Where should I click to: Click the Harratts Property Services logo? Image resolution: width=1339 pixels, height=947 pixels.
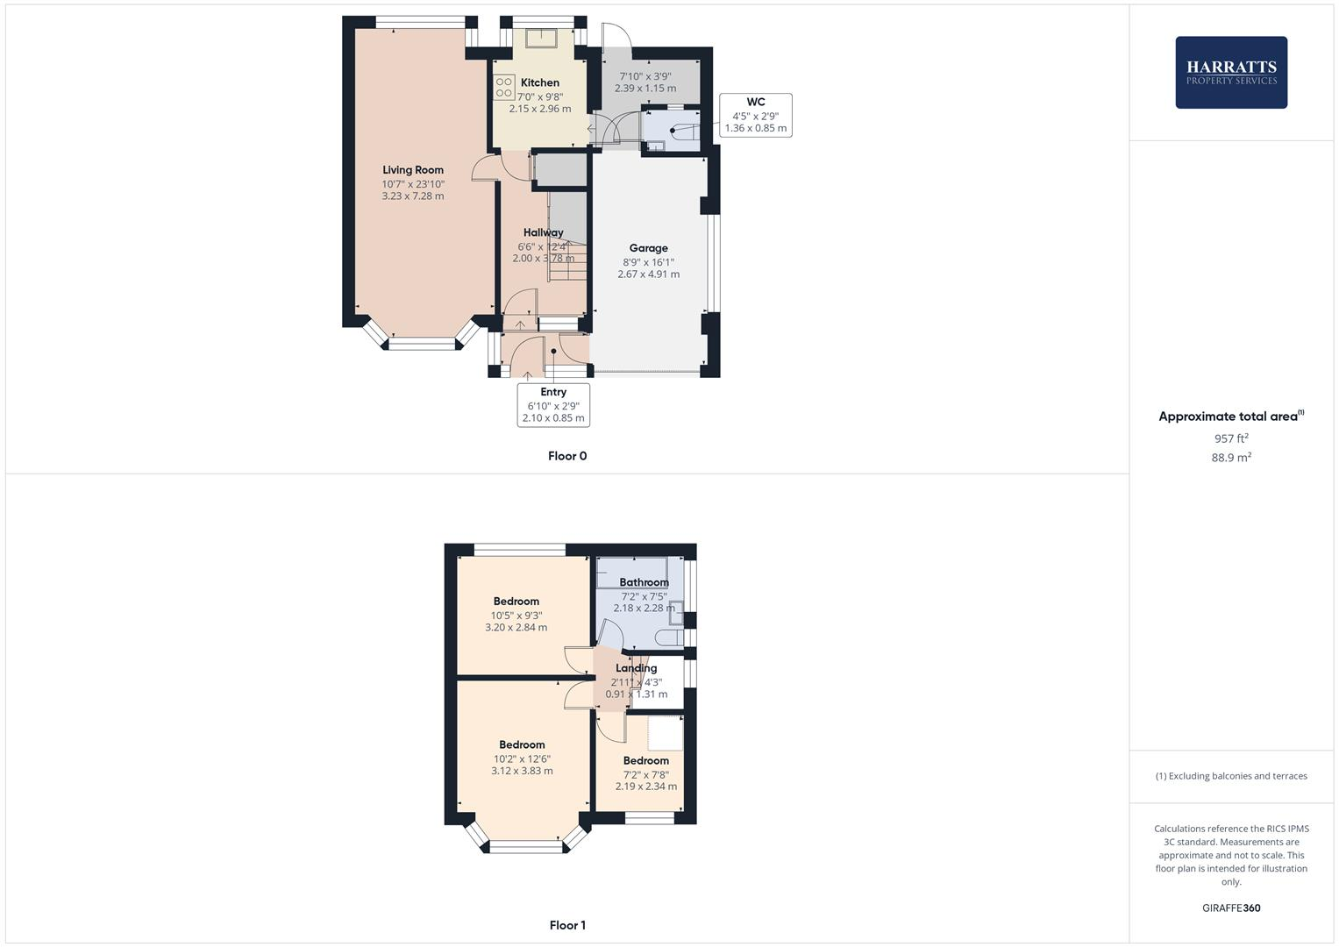coord(1230,72)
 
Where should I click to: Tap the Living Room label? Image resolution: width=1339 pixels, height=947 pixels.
coord(413,170)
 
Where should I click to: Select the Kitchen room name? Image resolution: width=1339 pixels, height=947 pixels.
coord(539,82)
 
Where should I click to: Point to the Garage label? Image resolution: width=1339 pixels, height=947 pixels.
coord(648,248)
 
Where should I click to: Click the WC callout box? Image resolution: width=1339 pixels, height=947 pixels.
coord(755,115)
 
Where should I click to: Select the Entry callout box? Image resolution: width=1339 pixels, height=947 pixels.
coord(553,405)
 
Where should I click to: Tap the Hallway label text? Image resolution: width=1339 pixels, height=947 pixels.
coord(543,232)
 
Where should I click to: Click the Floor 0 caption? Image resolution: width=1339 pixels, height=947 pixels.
coord(567,456)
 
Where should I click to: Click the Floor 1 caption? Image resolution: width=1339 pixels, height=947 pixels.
coord(567,925)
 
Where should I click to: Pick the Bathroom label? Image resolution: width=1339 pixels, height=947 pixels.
coord(644,582)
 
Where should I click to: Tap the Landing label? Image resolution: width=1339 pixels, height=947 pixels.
coord(636,668)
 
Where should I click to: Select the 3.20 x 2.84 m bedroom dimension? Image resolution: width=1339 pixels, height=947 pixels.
coord(516,627)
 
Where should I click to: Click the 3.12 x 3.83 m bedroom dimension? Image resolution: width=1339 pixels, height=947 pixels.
coord(522,771)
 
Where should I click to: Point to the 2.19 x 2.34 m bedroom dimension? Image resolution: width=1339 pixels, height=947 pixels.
coord(645,787)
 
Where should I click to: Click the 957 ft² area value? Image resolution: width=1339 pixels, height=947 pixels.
coord(1230,438)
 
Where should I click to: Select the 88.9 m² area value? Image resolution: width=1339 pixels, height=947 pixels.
coord(1230,458)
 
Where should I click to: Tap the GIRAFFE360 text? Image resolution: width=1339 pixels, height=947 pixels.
coord(1230,908)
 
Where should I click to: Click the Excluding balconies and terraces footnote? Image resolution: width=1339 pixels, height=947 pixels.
coord(1230,776)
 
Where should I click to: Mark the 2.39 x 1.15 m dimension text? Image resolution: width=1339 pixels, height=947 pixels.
coord(645,89)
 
